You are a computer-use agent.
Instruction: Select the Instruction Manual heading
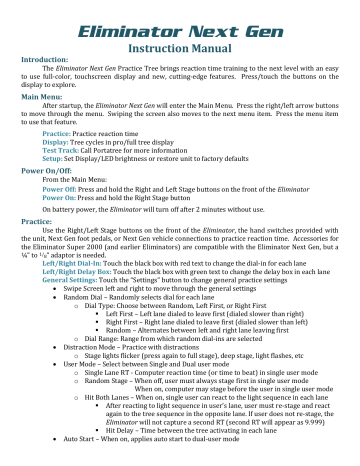point(180,39)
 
